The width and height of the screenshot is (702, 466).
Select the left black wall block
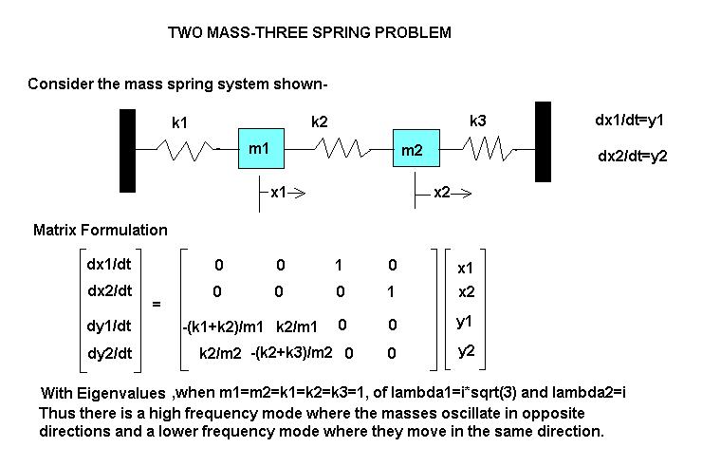tap(127, 150)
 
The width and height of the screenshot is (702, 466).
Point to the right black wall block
tap(543, 141)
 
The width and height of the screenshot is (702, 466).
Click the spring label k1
tap(180, 122)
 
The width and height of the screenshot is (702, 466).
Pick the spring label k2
tap(320, 121)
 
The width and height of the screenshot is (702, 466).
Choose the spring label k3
tap(478, 121)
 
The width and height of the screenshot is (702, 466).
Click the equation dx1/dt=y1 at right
tap(629, 121)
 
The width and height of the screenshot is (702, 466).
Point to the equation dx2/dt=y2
tap(633, 156)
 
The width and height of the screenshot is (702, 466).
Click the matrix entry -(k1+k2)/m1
tap(223, 327)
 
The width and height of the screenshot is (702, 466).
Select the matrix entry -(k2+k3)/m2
tap(291, 353)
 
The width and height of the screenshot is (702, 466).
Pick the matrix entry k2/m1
tap(298, 327)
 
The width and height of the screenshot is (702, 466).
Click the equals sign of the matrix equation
tap(157, 305)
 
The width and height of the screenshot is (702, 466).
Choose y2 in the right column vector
tap(465, 351)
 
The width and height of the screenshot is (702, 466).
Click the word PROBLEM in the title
tap(413, 32)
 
